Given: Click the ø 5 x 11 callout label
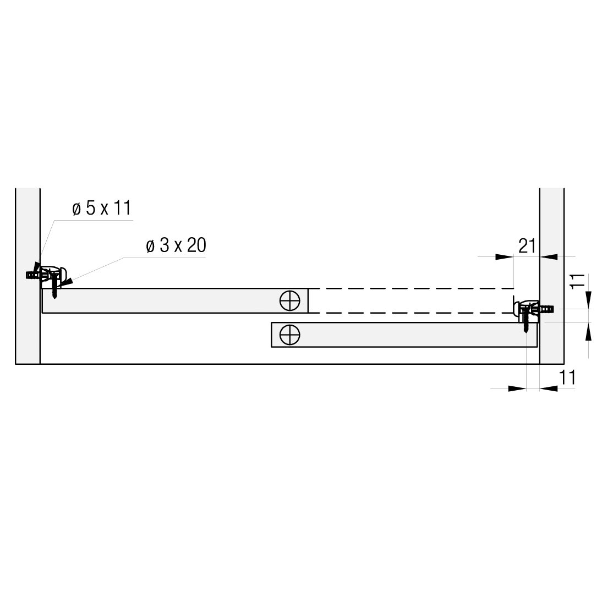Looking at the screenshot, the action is point(102,208).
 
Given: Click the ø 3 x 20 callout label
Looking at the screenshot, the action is point(176,245).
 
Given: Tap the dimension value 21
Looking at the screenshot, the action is point(527,246).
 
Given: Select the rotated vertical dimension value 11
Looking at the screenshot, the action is point(577,281).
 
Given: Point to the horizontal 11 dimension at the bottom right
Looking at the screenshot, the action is point(567,377).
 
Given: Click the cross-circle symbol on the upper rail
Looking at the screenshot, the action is point(290,300).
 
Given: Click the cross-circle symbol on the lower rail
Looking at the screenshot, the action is point(290,335).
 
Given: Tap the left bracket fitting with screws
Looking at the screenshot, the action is point(48,279).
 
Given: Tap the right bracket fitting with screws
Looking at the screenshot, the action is point(532,312).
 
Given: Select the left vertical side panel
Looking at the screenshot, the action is point(28,276).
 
